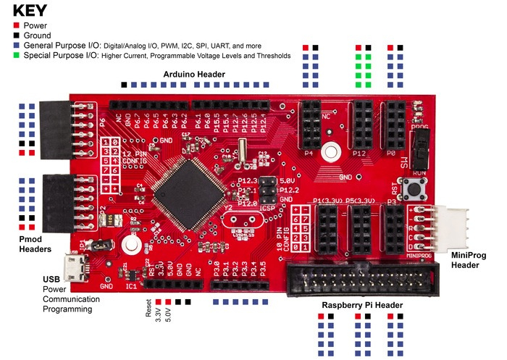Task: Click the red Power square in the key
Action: click(x=17, y=24)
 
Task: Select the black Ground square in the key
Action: click(x=17, y=35)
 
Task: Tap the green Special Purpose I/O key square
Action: click(x=17, y=55)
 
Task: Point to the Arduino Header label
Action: click(x=193, y=75)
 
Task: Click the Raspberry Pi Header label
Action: click(x=362, y=305)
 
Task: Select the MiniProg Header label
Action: click(x=474, y=260)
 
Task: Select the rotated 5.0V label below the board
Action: click(x=167, y=314)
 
